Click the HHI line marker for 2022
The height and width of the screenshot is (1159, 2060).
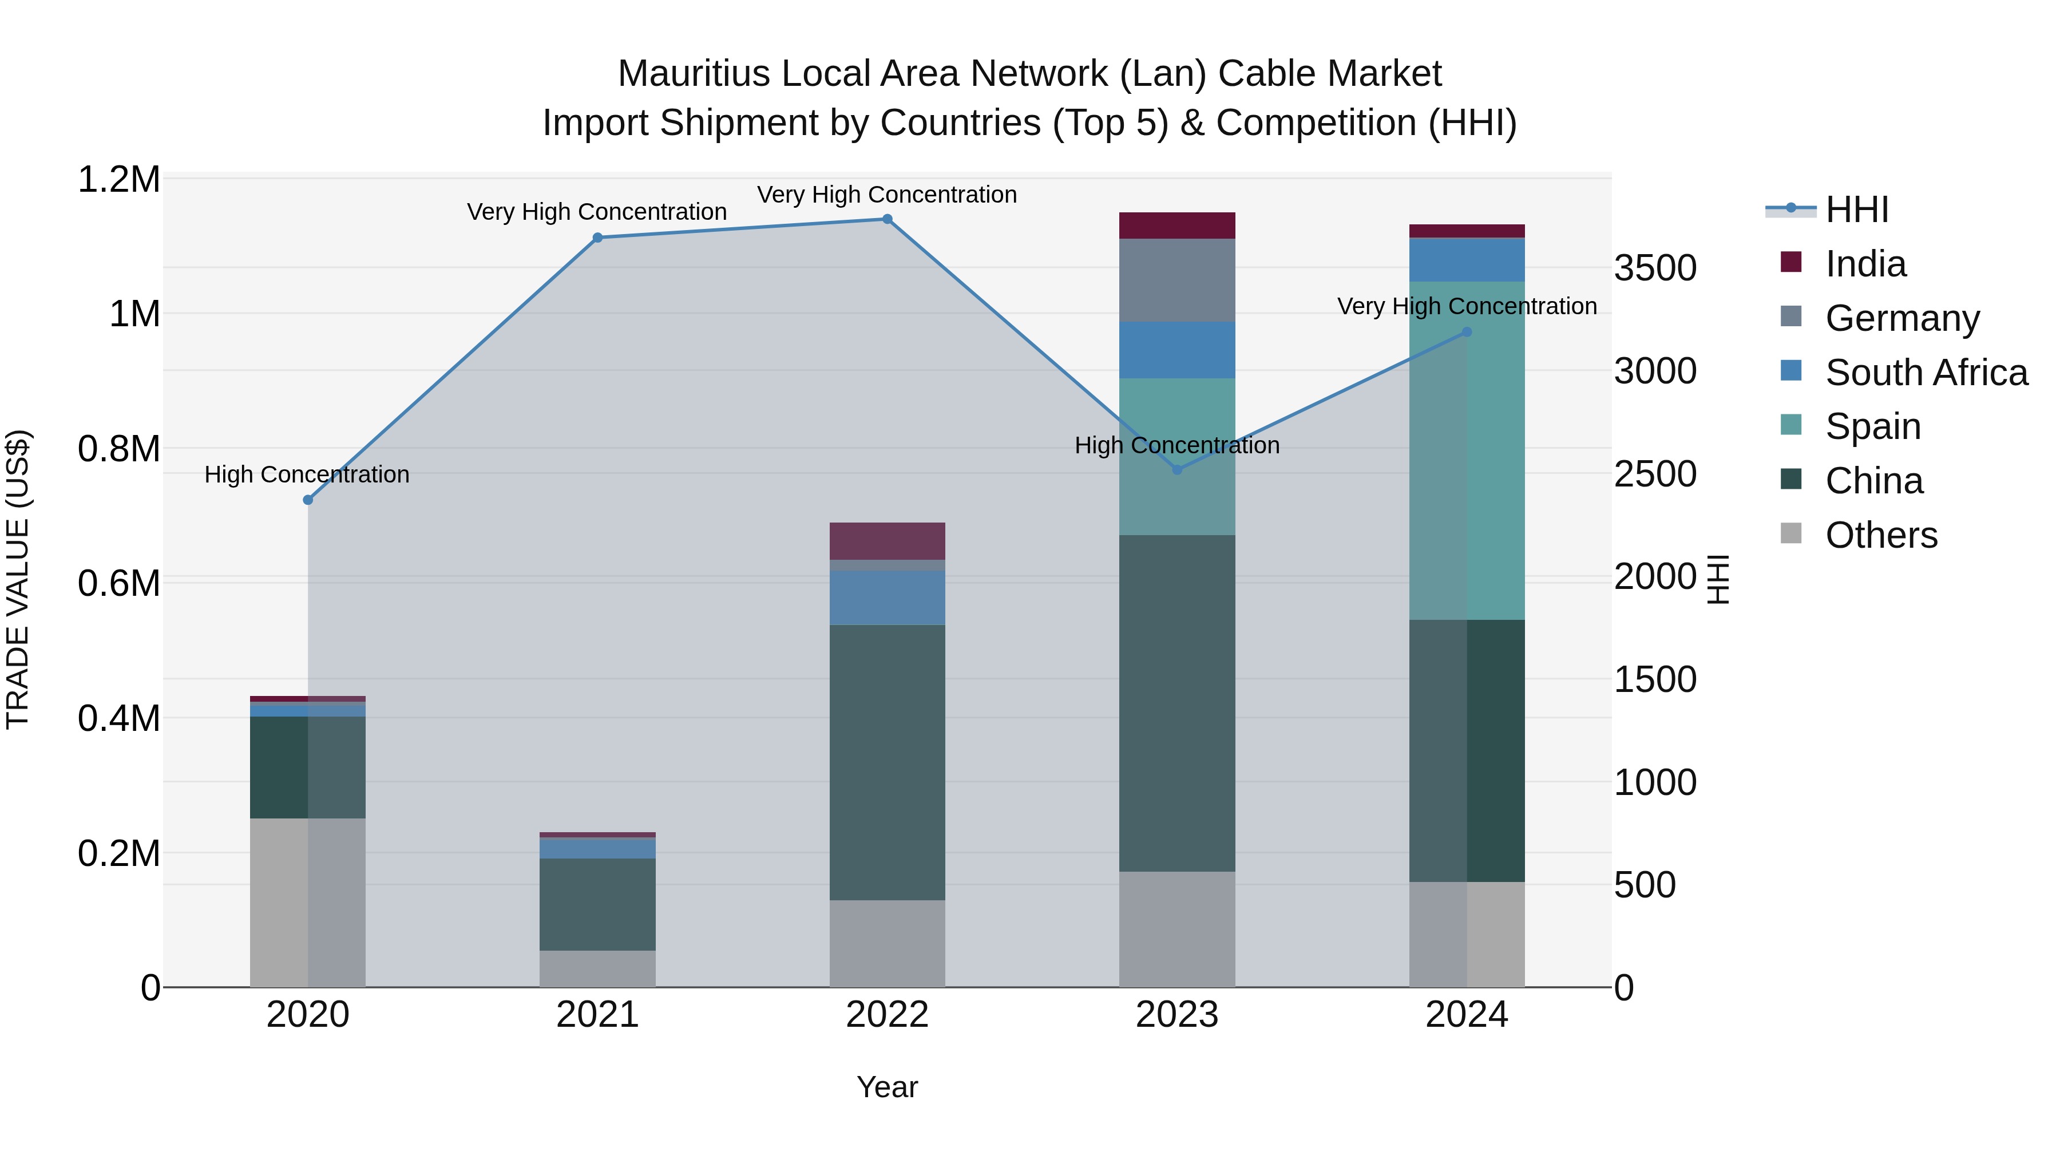[887, 219]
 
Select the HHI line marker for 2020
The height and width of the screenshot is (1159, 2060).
[308, 500]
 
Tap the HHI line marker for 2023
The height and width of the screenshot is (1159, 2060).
[1176, 469]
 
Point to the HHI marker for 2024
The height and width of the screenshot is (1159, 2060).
[1466, 332]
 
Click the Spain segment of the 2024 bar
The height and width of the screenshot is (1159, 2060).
[1466, 450]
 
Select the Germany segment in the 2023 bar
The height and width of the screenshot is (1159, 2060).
[1176, 280]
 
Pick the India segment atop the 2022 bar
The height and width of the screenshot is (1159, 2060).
[887, 541]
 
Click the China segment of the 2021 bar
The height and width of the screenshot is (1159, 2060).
[597, 904]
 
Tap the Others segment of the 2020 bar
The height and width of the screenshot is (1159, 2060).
[308, 902]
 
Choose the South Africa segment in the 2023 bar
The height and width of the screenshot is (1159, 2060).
[1176, 350]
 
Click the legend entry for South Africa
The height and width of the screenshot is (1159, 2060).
[1926, 373]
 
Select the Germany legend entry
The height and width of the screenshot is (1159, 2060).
[1901, 318]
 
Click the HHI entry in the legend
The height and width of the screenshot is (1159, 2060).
[1856, 209]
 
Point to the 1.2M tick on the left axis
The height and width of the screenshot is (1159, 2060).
[118, 179]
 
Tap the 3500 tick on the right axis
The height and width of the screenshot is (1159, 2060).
[1654, 267]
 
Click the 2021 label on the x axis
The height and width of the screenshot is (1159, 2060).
[597, 1015]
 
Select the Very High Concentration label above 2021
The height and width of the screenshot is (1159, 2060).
[597, 212]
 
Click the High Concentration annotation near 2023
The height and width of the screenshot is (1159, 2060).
[1176, 445]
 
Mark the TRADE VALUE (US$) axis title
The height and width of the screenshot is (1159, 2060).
[18, 579]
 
